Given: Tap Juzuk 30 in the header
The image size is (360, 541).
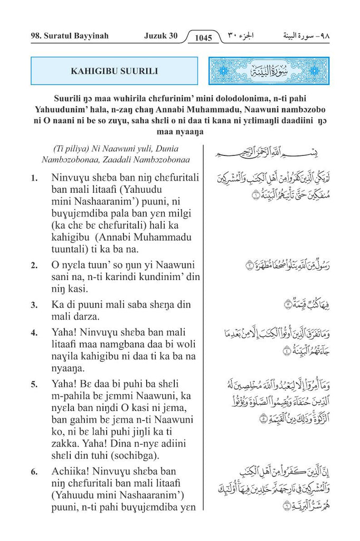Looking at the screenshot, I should [160, 36].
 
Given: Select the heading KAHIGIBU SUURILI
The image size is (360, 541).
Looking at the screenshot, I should [114, 71].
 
